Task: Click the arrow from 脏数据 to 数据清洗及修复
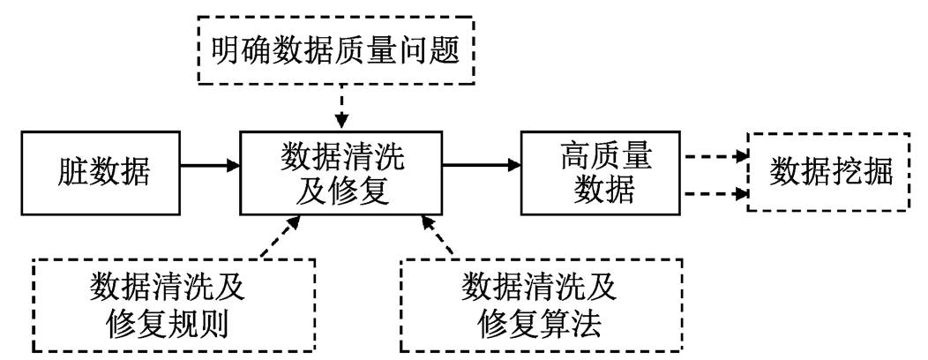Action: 210,167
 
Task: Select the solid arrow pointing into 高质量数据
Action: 482,167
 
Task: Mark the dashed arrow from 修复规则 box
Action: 281,236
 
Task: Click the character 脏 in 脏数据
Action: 71,174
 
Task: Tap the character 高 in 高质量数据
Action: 574,157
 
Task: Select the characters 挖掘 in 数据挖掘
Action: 862,172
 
